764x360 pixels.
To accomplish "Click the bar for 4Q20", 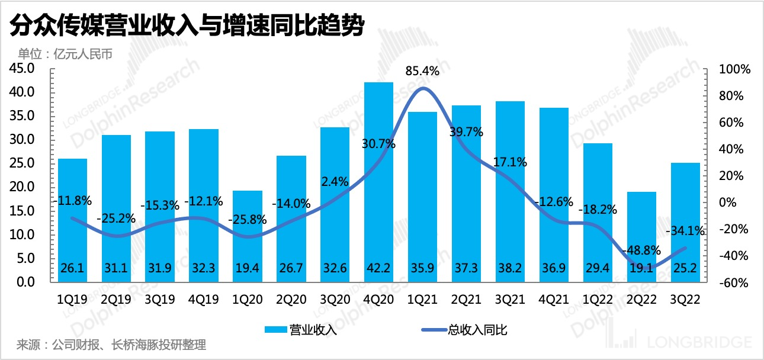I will point(378,178).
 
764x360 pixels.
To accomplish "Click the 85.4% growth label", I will point(422,72).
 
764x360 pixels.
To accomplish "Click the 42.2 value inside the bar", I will point(378,268).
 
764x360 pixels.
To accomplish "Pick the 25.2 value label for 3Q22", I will point(685,268).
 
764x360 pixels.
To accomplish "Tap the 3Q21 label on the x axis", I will point(510,300).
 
